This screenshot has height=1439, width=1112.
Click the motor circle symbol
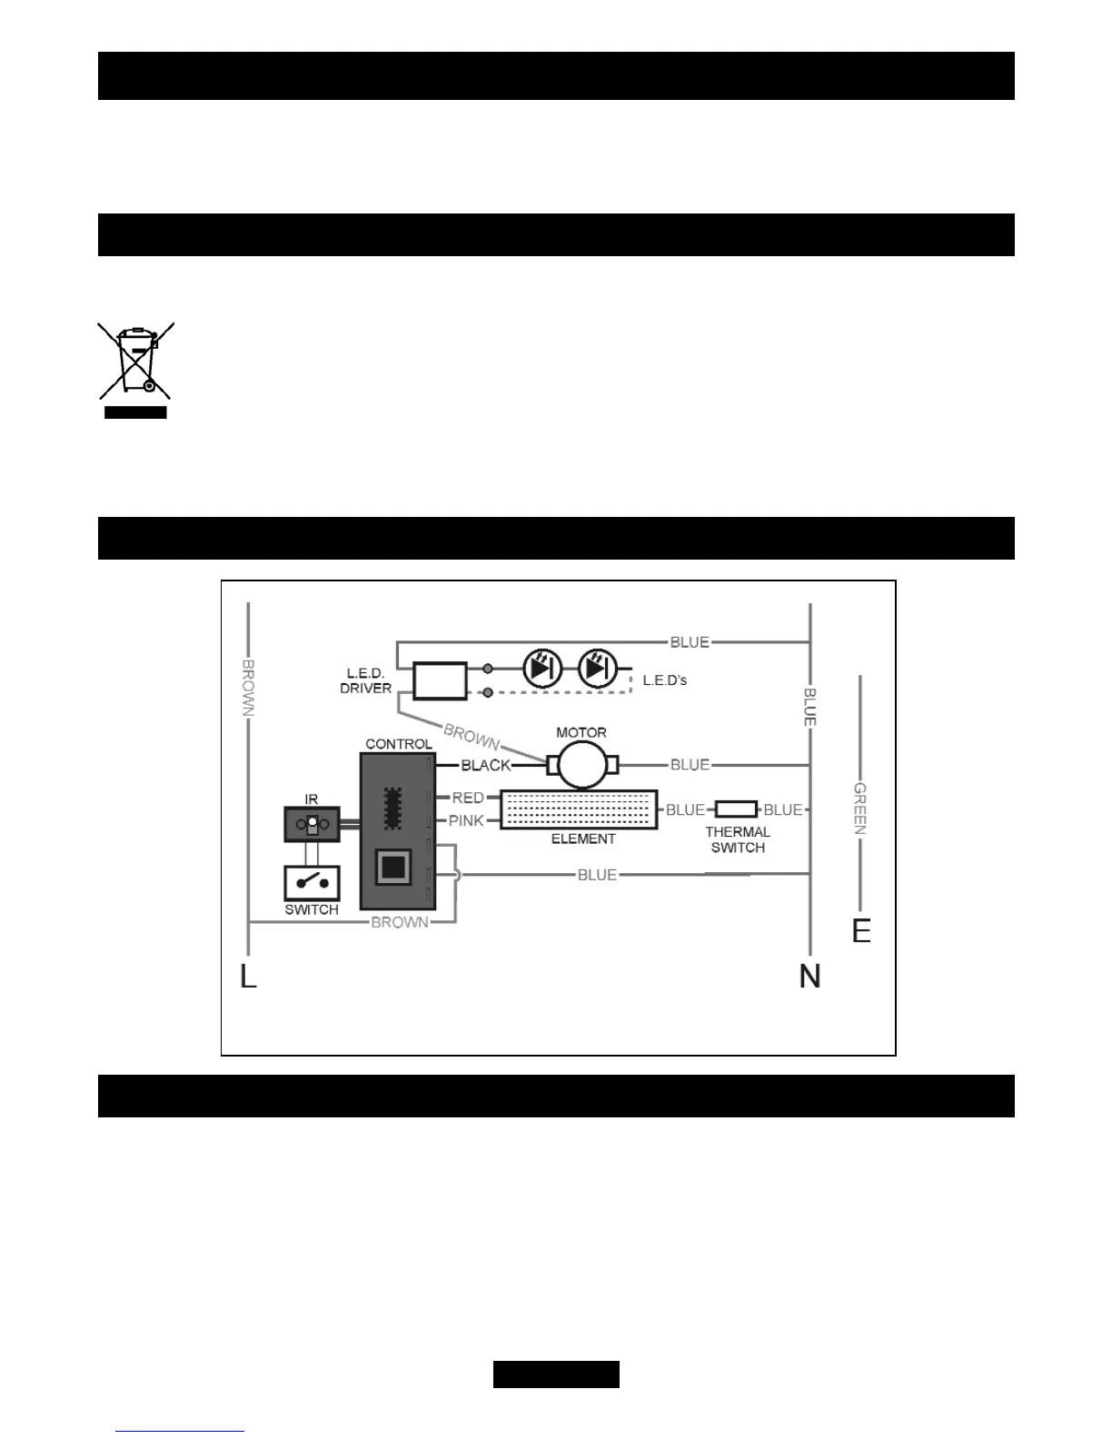[x=581, y=766]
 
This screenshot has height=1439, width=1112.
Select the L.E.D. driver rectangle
[x=440, y=680]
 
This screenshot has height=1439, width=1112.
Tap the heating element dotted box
[x=579, y=809]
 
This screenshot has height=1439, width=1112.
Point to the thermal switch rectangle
[x=735, y=809]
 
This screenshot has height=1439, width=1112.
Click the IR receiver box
[x=312, y=824]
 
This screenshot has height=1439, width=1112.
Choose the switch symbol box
[x=312, y=882]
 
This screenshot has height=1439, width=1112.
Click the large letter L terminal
[x=248, y=977]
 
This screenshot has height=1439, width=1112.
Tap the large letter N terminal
[x=809, y=977]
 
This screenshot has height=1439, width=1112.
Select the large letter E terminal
[x=861, y=931]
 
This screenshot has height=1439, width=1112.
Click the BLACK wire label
[x=486, y=766]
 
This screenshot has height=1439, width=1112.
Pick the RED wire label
[x=468, y=798]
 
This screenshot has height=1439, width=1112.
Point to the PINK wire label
[x=466, y=820]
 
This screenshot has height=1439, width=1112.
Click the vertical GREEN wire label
[x=860, y=809]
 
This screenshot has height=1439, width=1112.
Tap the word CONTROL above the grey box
[x=398, y=744]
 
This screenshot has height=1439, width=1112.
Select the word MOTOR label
[x=581, y=732]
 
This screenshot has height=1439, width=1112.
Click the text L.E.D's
[x=664, y=680]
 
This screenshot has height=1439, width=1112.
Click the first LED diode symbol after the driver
[x=543, y=669]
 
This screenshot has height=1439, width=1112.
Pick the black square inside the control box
[x=392, y=868]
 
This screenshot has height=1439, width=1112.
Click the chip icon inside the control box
[x=392, y=807]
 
